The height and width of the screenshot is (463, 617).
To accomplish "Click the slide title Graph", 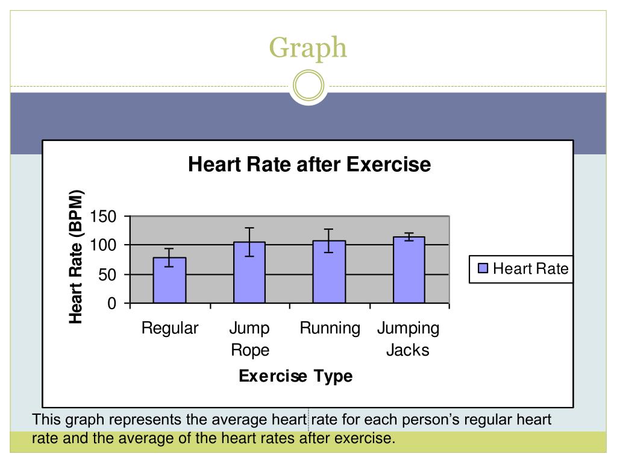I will [308, 48].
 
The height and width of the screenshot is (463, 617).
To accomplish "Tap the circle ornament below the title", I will [308, 86].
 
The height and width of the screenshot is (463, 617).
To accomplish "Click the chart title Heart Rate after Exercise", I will [309, 165].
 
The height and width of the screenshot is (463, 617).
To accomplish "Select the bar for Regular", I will [169, 280].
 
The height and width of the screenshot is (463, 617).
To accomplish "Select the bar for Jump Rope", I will [249, 272].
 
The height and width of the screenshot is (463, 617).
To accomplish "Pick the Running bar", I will [329, 272].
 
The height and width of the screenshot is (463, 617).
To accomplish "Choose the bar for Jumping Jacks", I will [409, 270].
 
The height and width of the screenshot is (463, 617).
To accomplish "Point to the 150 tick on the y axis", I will [102, 216].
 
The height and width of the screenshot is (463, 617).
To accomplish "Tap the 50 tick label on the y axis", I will [107, 275].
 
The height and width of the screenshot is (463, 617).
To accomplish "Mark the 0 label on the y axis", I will [111, 304].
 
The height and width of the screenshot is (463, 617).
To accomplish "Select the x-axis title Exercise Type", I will [295, 377].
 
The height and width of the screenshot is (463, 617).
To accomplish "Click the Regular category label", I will [169, 329].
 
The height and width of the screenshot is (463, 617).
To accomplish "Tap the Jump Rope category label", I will [249, 339].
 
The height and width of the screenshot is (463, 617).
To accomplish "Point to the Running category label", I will [330, 329].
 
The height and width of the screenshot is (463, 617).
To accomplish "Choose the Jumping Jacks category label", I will [408, 339].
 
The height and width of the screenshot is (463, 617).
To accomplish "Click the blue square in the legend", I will [483, 269].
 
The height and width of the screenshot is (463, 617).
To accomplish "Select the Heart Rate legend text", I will [530, 269].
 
